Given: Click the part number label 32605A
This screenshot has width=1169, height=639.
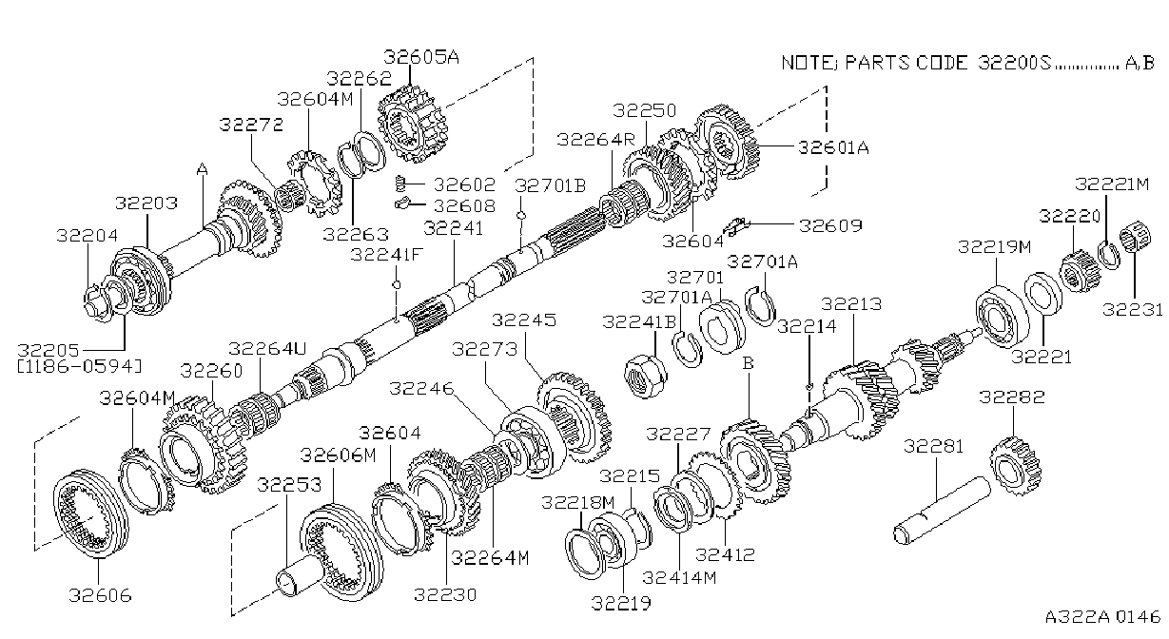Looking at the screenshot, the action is point(421,57).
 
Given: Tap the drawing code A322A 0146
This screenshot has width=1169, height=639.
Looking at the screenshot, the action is point(1102,617).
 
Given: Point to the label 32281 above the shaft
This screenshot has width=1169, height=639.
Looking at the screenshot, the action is point(933,447).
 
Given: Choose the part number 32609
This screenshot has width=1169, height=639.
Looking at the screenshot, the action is point(830,225).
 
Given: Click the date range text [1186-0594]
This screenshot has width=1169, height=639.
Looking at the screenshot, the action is point(80,366).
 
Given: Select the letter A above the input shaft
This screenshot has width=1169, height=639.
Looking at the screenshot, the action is point(203,169).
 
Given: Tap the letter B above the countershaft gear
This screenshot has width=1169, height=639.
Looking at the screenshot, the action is point(748,363).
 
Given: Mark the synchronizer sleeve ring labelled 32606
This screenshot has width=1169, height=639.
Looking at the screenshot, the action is point(90,513).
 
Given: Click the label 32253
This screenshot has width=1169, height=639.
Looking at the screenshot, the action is point(289,485).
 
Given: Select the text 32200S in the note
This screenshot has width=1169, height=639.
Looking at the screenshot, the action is point(1015,63).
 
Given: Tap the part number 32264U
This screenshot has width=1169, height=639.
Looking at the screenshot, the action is point(267,348).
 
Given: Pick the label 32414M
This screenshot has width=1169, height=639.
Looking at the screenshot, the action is point(679,577).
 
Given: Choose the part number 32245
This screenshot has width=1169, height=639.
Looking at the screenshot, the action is point(524,319).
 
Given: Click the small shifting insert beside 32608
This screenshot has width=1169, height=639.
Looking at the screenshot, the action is point(403,203).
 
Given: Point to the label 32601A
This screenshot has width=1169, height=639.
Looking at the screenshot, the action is point(833,147).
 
